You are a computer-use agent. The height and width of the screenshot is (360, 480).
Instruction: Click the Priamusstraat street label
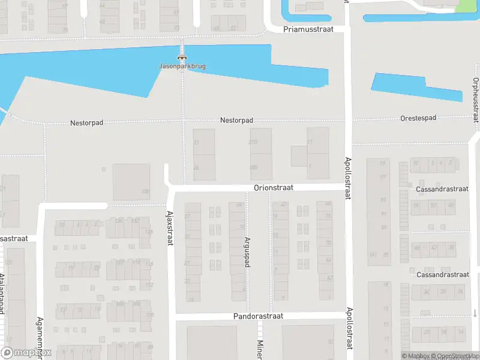coord(308,29)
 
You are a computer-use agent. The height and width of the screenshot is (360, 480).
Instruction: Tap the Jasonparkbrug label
coord(182,66)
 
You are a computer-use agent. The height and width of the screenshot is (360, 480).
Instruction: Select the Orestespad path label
coord(418,118)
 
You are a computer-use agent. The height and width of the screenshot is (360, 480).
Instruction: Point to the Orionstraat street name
coord(273,188)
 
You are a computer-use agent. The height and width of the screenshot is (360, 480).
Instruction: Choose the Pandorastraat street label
coord(257,316)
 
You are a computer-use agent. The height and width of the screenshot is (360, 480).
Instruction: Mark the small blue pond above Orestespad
coord(417,87)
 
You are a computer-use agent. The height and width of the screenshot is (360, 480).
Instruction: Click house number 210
coord(253,142)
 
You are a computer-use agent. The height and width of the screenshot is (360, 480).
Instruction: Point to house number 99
coord(382,163)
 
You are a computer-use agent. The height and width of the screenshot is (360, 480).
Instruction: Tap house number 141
coord(373,255)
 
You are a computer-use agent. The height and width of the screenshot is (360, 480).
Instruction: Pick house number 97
coord(382,178)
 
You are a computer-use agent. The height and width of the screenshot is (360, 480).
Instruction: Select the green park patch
coord(464,5)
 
